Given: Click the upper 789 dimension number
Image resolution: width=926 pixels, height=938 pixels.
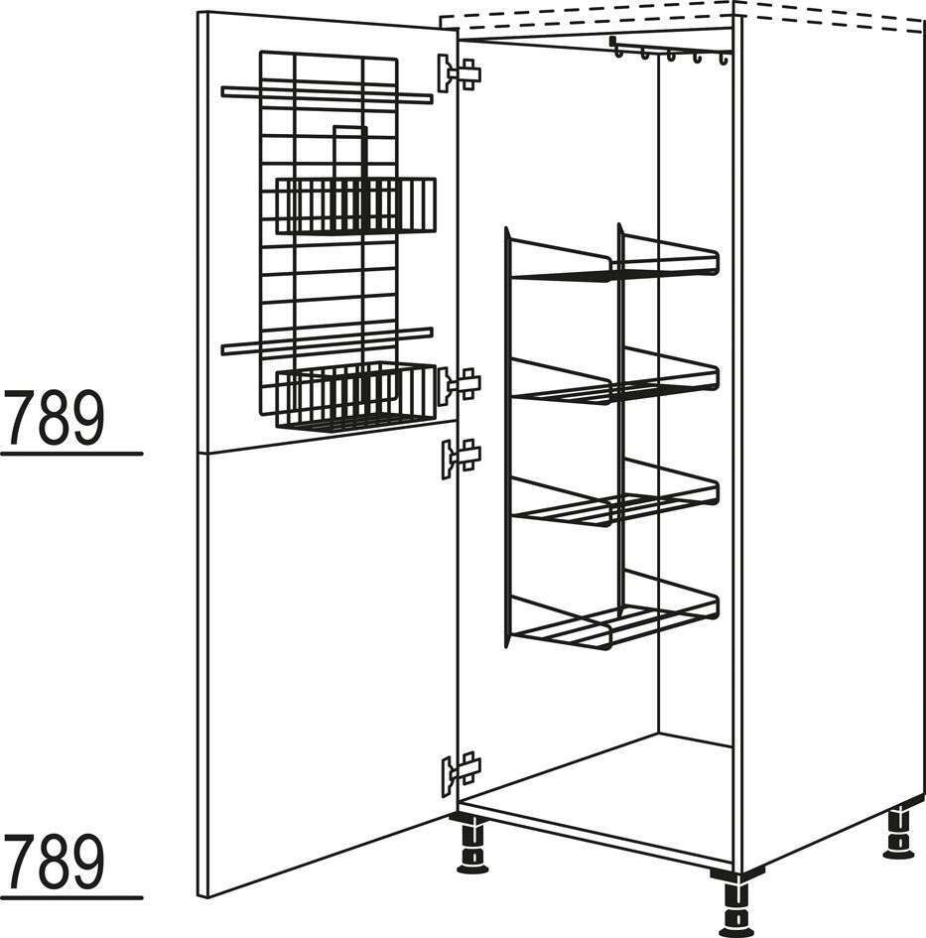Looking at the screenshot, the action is point(54,418).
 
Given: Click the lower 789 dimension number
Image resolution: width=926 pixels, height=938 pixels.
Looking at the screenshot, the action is point(54,862).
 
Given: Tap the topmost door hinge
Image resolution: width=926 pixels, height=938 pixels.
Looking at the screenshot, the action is point(460,73).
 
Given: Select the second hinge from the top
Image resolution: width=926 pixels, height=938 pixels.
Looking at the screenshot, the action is point(460,385).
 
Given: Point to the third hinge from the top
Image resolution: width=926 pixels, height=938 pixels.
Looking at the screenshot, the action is point(462,458).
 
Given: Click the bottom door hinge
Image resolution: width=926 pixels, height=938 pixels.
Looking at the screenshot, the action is point(462,773).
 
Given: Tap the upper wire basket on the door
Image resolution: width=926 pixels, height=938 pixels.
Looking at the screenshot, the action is point(355,205).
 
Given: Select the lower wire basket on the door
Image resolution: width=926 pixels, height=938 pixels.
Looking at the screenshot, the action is point(355,397).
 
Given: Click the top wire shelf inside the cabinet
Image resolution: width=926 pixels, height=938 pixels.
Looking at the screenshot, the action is point(613,257).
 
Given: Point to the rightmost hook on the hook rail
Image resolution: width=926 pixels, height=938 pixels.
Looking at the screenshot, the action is point(724,59).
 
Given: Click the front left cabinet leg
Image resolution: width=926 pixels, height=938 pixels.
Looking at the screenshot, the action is point(472,845).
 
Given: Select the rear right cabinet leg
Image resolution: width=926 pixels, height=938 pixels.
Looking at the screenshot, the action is point(898,833).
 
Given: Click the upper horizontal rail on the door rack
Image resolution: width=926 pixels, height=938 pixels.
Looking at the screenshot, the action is point(327,94).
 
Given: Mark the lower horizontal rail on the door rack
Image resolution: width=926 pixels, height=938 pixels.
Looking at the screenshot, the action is point(327,341).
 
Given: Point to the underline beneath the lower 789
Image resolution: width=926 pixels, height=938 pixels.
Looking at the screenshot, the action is point(71,897).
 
